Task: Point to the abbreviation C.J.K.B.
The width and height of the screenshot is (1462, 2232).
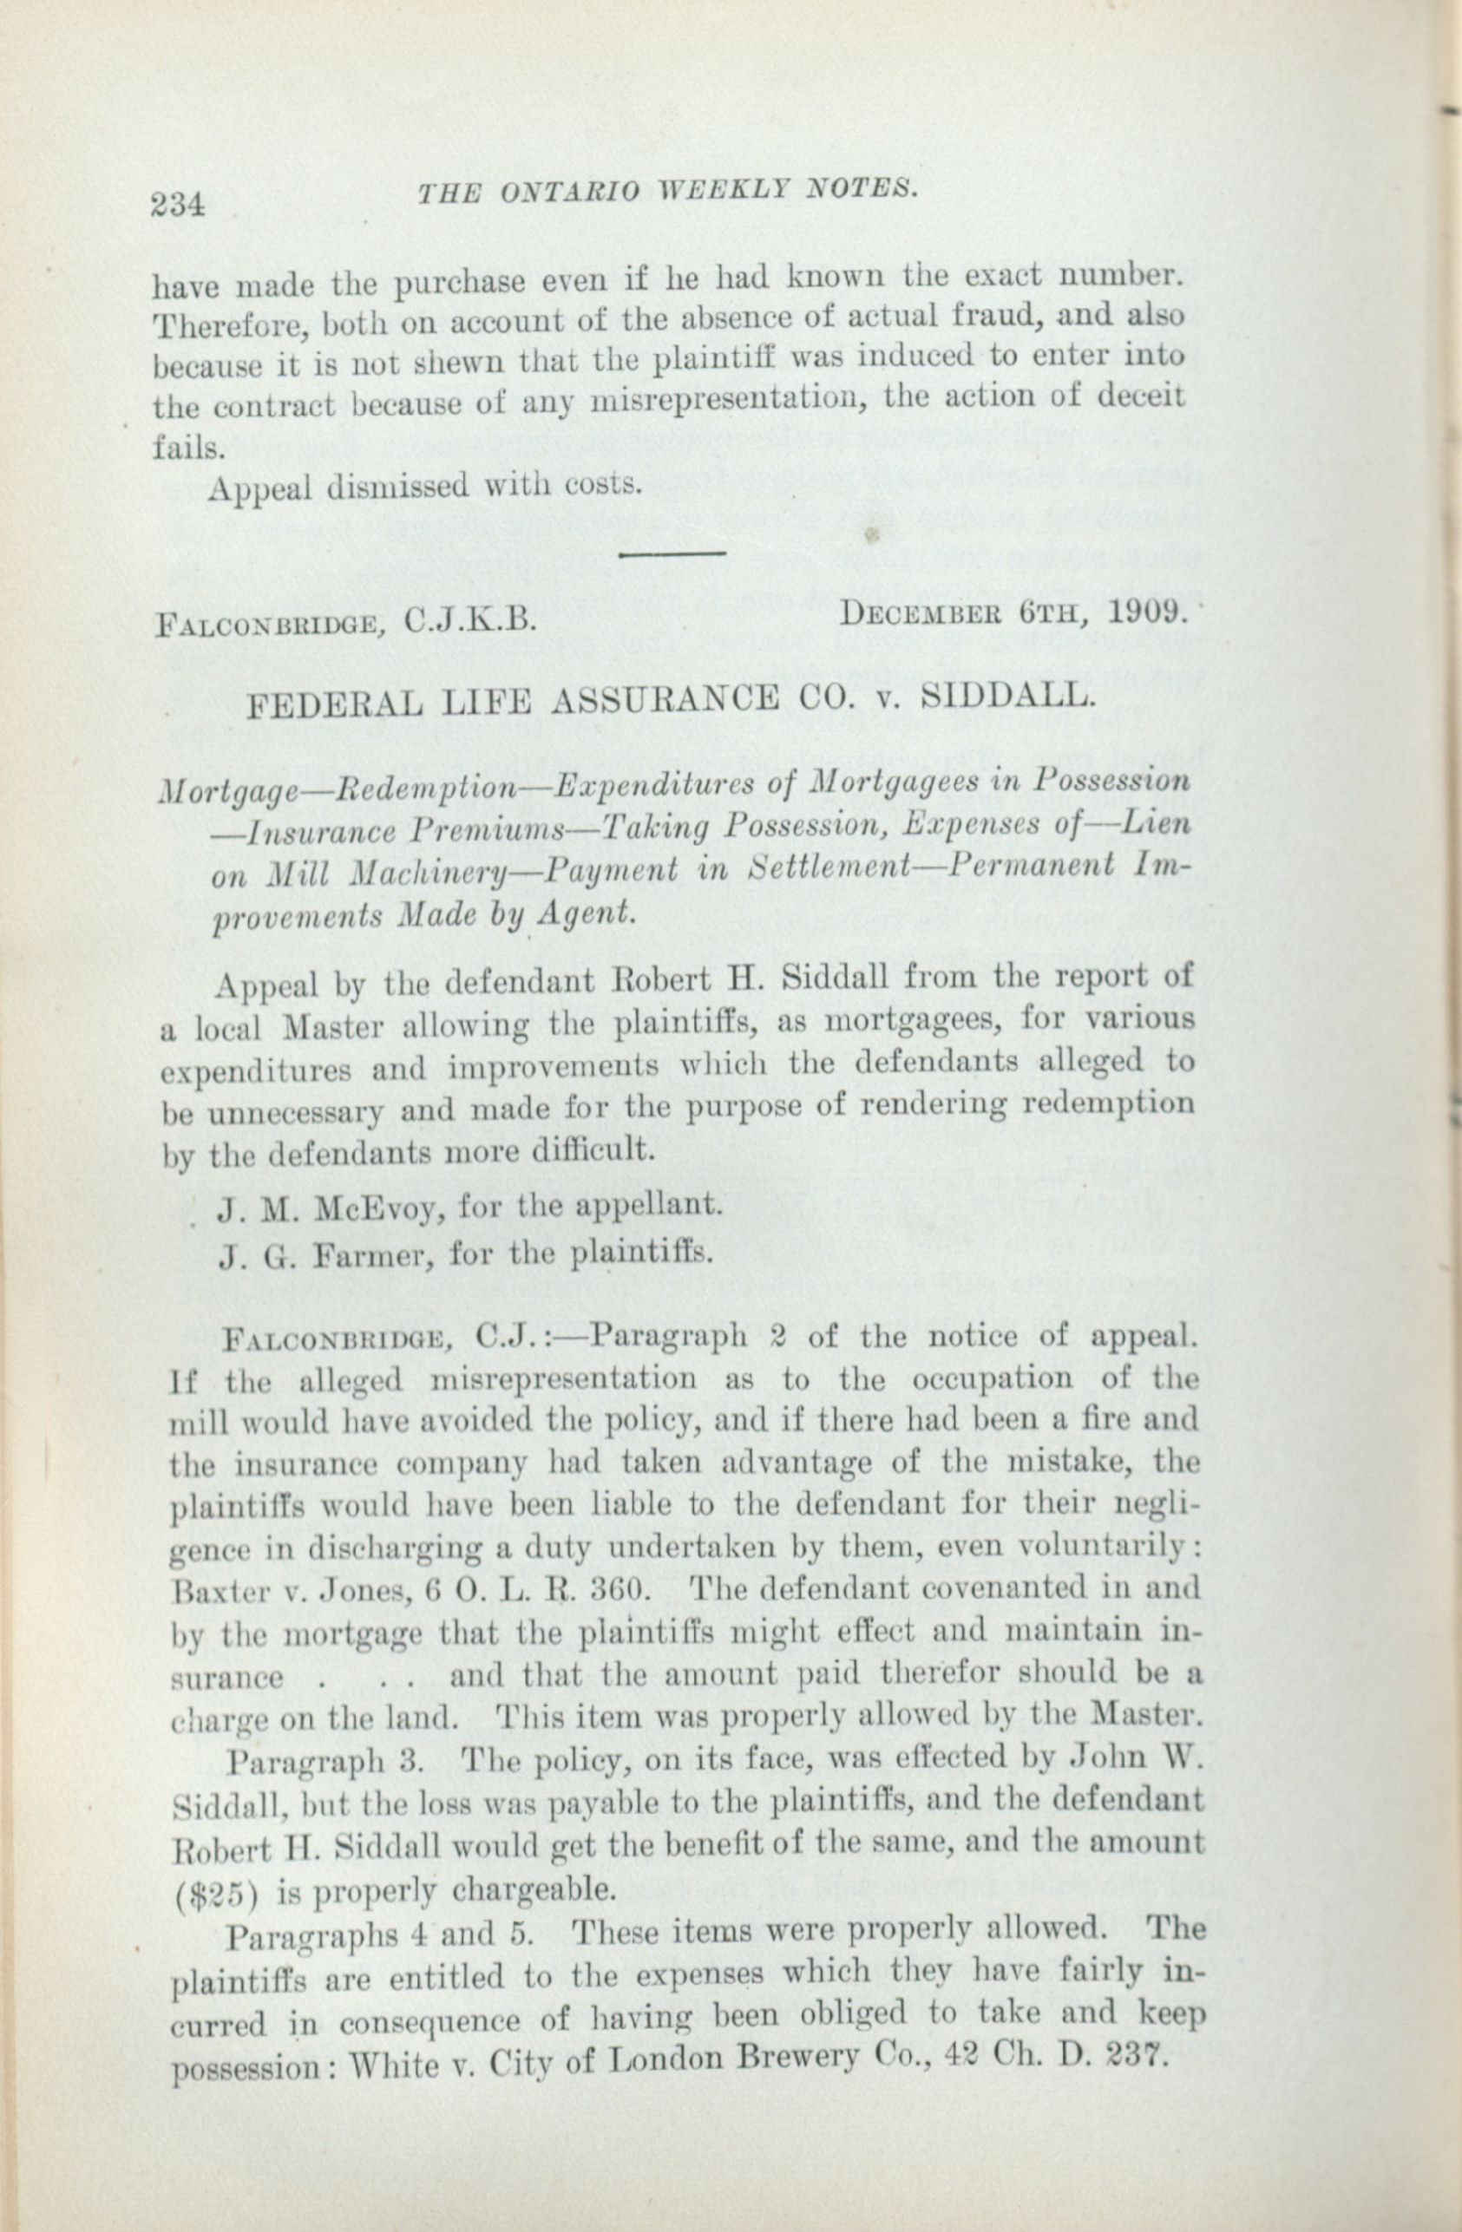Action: pos(469,620)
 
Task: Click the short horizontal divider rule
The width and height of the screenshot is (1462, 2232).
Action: pos(672,553)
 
